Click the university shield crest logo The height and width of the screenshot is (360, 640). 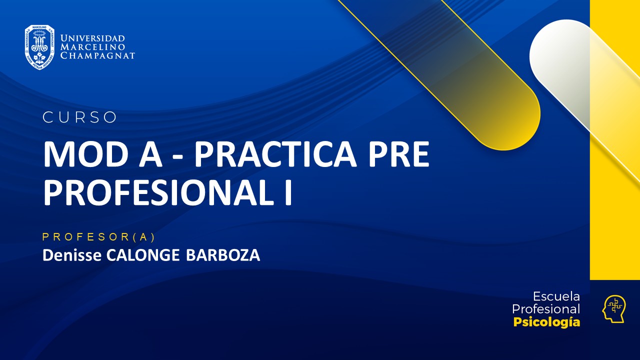pos(39,47)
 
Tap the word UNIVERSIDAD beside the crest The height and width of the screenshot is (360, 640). pos(92,38)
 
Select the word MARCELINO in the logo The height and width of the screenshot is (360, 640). pos(92,47)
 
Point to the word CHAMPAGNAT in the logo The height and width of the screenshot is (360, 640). pos(97,55)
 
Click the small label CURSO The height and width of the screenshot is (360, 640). pos(79,117)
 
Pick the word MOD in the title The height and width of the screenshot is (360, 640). pos(74,155)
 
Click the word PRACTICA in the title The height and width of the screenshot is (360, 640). pos(275,155)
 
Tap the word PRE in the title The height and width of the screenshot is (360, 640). pos(398,155)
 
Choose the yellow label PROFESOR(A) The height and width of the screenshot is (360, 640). pos(99,237)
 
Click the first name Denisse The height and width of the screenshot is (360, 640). pos(72,255)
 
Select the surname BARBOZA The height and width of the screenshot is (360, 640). pos(223,255)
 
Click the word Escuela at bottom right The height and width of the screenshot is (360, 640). pos(556,296)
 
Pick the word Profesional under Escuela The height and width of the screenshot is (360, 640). pos(546,309)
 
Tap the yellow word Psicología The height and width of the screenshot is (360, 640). pos(546,322)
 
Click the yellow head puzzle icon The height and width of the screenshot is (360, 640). pos(613,308)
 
